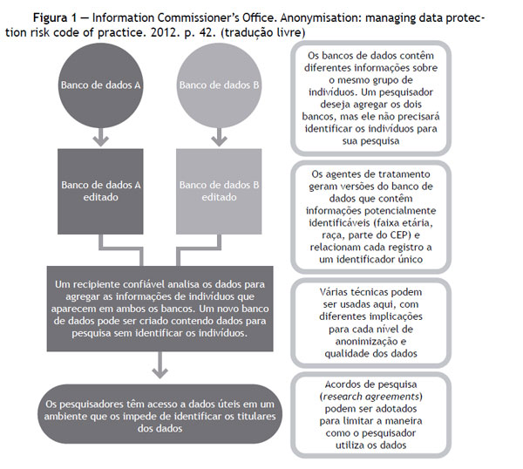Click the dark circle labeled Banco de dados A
(101, 85)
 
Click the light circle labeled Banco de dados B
(219, 85)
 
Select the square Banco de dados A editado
(100, 192)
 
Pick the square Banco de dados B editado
(219, 192)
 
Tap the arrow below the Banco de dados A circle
(101, 138)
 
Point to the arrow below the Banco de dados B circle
(219, 138)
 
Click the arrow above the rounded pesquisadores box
(160, 365)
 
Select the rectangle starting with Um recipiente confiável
(160, 309)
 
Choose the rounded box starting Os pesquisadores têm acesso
(160, 414)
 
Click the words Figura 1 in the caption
(55, 17)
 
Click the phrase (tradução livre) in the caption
(263, 33)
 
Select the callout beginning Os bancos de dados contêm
(371, 98)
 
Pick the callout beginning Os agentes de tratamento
(371, 217)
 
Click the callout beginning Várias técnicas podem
(371, 323)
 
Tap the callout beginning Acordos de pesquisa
(371, 415)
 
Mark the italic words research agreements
(371, 397)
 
